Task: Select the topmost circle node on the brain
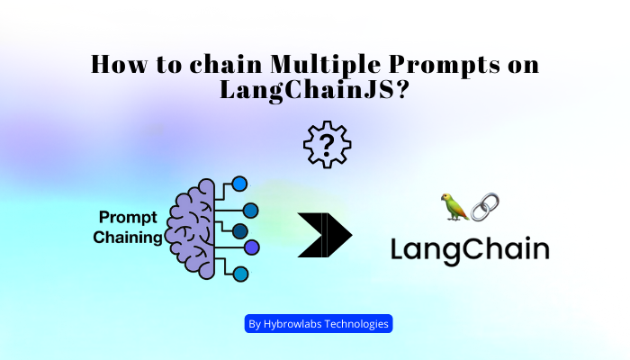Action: [240, 184]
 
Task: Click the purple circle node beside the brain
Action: [252, 246]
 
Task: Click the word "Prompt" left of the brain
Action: [130, 217]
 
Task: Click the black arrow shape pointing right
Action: [324, 237]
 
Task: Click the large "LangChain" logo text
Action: [470, 248]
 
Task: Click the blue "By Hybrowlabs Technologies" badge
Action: [319, 324]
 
